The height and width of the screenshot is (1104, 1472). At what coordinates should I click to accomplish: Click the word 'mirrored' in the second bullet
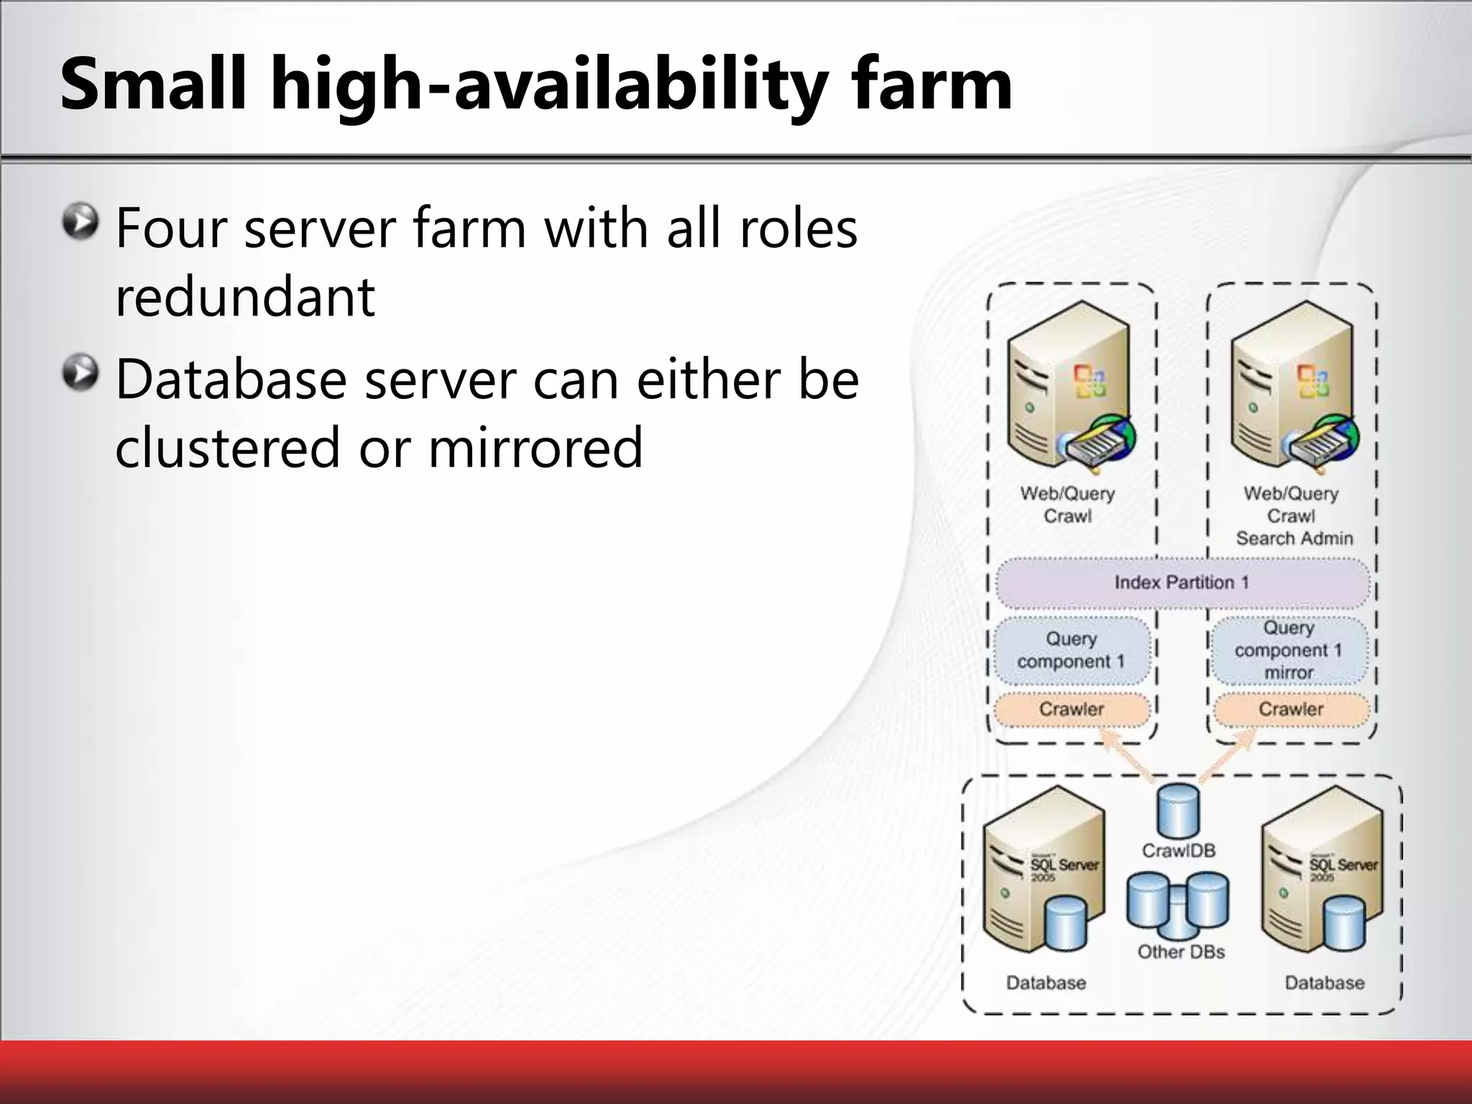coord(535,447)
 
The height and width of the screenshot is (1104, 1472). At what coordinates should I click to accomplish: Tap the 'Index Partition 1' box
coord(1182,582)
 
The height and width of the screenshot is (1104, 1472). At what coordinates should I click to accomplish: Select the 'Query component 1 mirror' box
coord(1289,650)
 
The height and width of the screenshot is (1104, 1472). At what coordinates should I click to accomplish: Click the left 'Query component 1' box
coord(1071,650)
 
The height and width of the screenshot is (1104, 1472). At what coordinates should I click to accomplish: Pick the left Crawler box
coord(1071,709)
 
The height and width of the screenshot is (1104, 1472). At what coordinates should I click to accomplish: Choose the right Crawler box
coord(1291,709)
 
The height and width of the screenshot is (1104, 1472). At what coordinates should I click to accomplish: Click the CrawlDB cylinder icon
coord(1178,811)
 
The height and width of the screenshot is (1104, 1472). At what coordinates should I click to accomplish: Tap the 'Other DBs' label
coord(1181,952)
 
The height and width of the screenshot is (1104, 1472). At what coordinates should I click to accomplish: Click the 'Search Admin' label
coord(1294,538)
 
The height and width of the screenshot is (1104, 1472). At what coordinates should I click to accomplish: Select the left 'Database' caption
coord(1046,983)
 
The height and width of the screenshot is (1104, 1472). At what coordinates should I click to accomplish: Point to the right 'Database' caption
coord(1325,983)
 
